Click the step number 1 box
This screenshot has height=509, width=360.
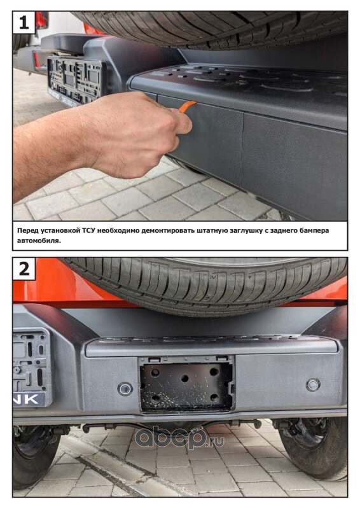[24, 22]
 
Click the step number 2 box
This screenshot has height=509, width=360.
[24, 268]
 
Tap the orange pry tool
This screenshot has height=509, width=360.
[188, 106]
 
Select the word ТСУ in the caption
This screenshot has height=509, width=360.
[88, 230]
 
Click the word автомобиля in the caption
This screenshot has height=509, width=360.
[39, 241]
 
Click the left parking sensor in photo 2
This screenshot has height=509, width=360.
[125, 389]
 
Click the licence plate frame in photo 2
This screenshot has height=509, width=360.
[32, 367]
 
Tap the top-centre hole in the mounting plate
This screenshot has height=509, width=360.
[185, 379]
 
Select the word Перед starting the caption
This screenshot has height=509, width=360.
[28, 231]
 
